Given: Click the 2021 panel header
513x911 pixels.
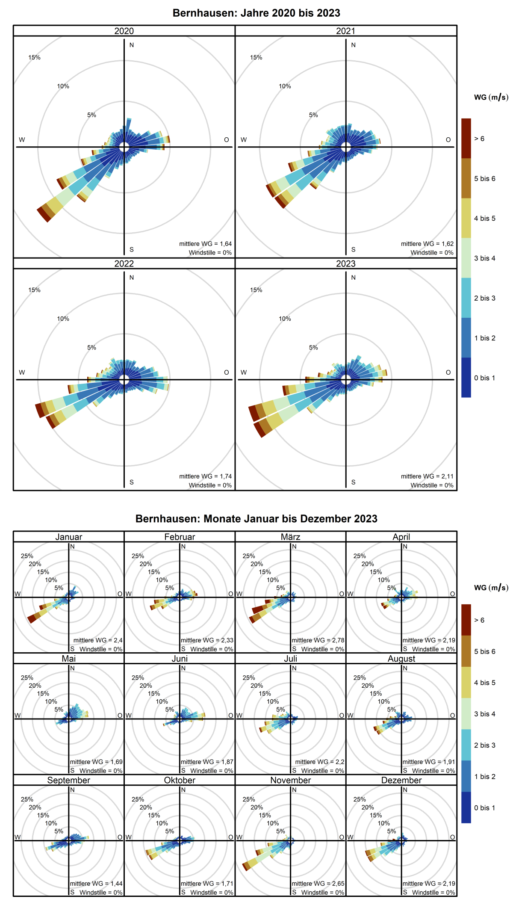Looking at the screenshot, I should [345, 31].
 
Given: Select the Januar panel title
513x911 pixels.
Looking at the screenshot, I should [68, 537].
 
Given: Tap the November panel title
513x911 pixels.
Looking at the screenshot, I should [290, 780].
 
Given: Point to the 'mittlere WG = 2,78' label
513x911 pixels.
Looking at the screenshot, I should [318, 640].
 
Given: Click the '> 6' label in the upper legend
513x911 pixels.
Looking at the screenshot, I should [479, 139].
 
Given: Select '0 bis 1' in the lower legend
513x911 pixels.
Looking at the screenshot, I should [484, 808].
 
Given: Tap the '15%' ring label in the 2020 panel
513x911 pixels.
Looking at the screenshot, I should [34, 57].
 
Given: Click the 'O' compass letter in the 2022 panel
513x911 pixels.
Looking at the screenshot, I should [227, 373].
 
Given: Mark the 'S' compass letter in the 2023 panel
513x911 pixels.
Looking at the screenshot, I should [353, 482].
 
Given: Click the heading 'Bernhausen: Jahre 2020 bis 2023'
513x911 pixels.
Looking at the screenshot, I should [256, 13].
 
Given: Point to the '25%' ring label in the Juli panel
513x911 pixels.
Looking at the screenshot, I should [248, 677].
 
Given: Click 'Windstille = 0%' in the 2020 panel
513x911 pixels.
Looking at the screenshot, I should [210, 253].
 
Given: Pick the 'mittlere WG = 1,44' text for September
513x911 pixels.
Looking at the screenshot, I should [96, 884].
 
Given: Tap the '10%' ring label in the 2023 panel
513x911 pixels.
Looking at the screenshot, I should [285, 319].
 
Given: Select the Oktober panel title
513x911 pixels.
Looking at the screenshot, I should [180, 780].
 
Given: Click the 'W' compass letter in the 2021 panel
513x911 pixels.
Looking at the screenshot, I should [244, 140].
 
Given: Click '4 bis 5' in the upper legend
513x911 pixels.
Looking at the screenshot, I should [484, 218].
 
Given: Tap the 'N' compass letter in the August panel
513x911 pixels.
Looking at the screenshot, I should [405, 668].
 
